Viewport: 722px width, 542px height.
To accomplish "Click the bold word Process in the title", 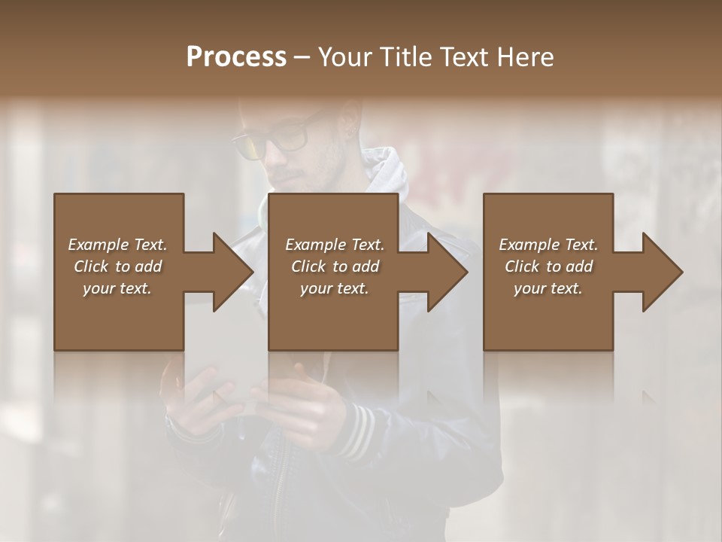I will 236,56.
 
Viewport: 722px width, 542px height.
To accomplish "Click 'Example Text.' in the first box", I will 117,245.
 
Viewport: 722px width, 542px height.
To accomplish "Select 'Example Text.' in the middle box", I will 335,245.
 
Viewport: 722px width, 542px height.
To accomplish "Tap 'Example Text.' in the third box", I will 548,245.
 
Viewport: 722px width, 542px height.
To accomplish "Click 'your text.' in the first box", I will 117,288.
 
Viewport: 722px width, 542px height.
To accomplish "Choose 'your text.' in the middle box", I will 335,288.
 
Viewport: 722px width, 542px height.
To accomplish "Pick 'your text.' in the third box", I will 548,288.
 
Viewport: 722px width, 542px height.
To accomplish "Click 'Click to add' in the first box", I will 117,266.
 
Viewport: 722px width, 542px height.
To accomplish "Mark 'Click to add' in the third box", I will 548,266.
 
